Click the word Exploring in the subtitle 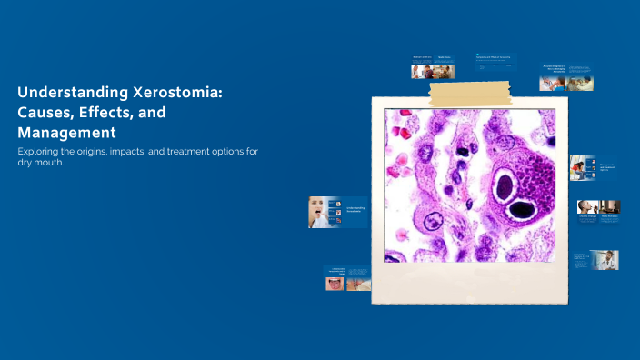click(42, 150)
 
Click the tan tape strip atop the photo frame click(471, 92)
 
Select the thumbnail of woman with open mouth click(319, 212)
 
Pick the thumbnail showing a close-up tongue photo click(335, 283)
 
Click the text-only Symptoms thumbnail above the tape click(498, 65)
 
